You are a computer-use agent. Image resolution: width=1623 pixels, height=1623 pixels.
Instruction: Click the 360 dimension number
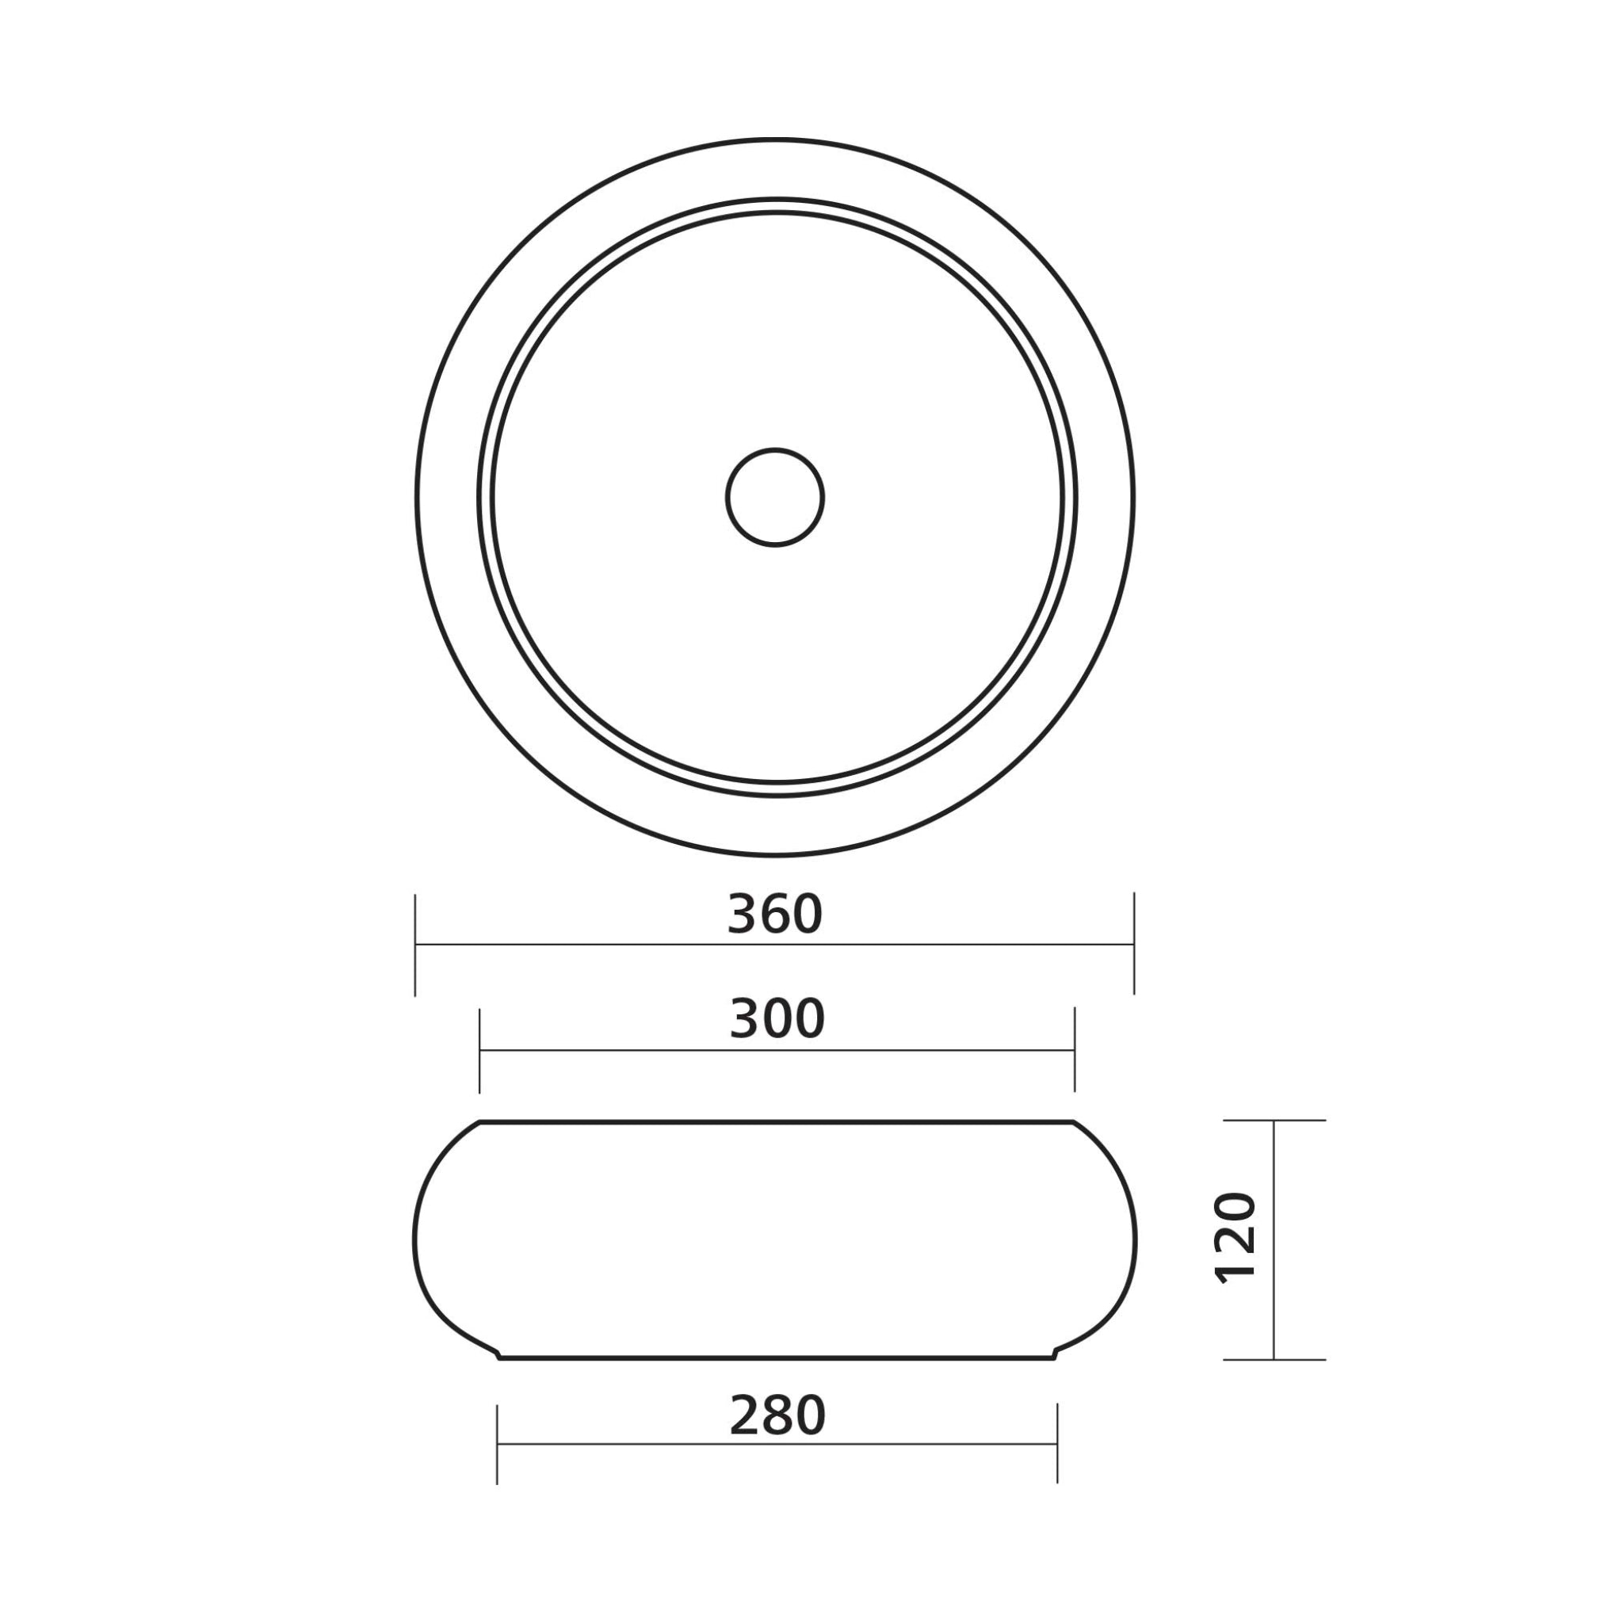[x=774, y=914]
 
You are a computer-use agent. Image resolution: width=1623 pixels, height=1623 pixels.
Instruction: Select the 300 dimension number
[x=777, y=1019]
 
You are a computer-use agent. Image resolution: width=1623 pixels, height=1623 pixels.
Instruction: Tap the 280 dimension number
[x=778, y=1415]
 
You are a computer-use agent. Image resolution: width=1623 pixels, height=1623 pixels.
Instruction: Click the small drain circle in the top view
[x=774, y=498]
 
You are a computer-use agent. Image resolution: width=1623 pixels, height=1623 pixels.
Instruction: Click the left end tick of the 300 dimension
[x=479, y=1050]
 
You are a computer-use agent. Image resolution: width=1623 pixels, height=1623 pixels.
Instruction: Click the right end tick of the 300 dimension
[x=1075, y=1050]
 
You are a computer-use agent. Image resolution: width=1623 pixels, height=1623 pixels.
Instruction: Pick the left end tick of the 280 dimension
[x=498, y=1444]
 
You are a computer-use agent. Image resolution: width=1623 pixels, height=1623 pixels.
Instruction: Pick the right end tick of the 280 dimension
[x=1057, y=1444]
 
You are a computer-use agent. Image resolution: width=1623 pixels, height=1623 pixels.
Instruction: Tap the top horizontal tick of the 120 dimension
[x=1274, y=1121]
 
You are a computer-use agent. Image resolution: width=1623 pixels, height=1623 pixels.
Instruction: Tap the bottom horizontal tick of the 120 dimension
[x=1274, y=1359]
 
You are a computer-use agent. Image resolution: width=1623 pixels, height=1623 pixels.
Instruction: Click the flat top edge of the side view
[x=777, y=1121]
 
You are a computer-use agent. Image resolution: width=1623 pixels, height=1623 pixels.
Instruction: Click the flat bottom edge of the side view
[x=777, y=1358]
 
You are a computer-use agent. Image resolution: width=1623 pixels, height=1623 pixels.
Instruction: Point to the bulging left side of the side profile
[x=416, y=1239]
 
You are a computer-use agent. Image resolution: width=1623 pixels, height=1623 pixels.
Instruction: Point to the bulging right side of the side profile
[x=1135, y=1239]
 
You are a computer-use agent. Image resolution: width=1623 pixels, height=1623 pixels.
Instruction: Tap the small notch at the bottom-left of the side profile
[x=498, y=1354]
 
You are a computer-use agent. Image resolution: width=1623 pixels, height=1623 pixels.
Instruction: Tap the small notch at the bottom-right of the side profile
[x=1056, y=1354]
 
